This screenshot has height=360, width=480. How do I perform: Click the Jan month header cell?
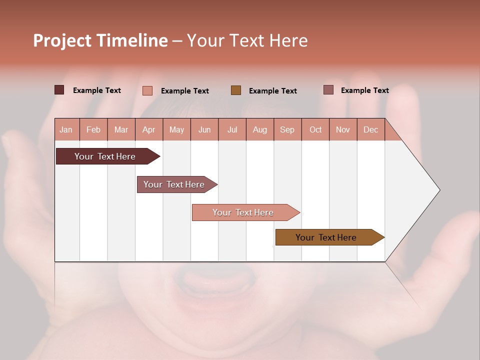(66, 129)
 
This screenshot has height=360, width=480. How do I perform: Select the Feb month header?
(93, 129)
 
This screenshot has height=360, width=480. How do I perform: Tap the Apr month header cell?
(148, 129)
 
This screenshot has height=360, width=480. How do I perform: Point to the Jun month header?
(204, 129)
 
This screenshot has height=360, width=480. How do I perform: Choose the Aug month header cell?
(259, 129)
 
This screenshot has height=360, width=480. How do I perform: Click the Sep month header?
(287, 129)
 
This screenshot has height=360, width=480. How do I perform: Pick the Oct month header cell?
(315, 129)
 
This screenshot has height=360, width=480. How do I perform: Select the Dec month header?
(370, 129)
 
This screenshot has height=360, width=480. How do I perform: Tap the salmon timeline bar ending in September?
(244, 212)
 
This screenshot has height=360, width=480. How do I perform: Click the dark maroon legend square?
(59, 90)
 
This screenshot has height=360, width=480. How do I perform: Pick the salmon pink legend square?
(147, 90)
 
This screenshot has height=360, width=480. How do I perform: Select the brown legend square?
(235, 90)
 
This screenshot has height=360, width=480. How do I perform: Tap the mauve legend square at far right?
(328, 90)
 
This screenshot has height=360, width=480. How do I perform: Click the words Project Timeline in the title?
(100, 40)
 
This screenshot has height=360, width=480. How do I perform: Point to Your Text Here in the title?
(247, 40)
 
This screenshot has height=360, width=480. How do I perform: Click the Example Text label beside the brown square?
(272, 91)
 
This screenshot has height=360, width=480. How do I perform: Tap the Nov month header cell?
(343, 129)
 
